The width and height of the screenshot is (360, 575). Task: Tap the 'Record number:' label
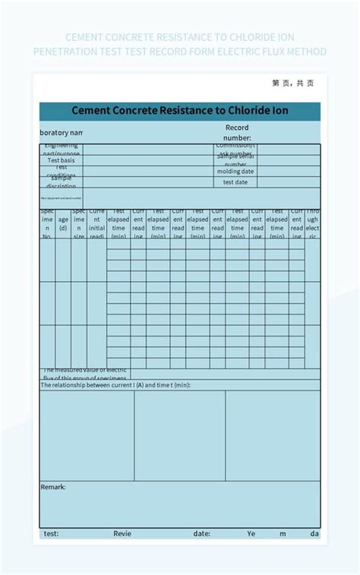click(x=237, y=132)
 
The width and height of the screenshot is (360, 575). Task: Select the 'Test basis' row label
click(x=62, y=160)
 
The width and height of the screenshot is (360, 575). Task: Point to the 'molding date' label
click(x=235, y=172)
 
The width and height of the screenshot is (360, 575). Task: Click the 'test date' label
click(x=235, y=182)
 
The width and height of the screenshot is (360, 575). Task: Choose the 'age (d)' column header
click(x=63, y=223)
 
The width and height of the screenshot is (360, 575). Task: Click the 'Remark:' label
click(x=53, y=487)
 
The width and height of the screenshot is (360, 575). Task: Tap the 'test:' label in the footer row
click(x=51, y=533)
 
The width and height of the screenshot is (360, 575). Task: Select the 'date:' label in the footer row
click(x=201, y=533)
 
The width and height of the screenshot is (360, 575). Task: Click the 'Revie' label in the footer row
click(x=122, y=533)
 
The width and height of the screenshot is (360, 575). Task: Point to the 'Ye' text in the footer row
click(x=251, y=533)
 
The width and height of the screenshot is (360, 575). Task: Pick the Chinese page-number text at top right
click(x=292, y=84)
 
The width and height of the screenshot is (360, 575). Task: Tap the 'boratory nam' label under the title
click(x=61, y=132)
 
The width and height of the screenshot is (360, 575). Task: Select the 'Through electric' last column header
click(x=312, y=223)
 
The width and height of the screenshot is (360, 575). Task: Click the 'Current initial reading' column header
click(x=96, y=223)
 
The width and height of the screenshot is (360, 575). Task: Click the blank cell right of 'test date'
click(x=289, y=182)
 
